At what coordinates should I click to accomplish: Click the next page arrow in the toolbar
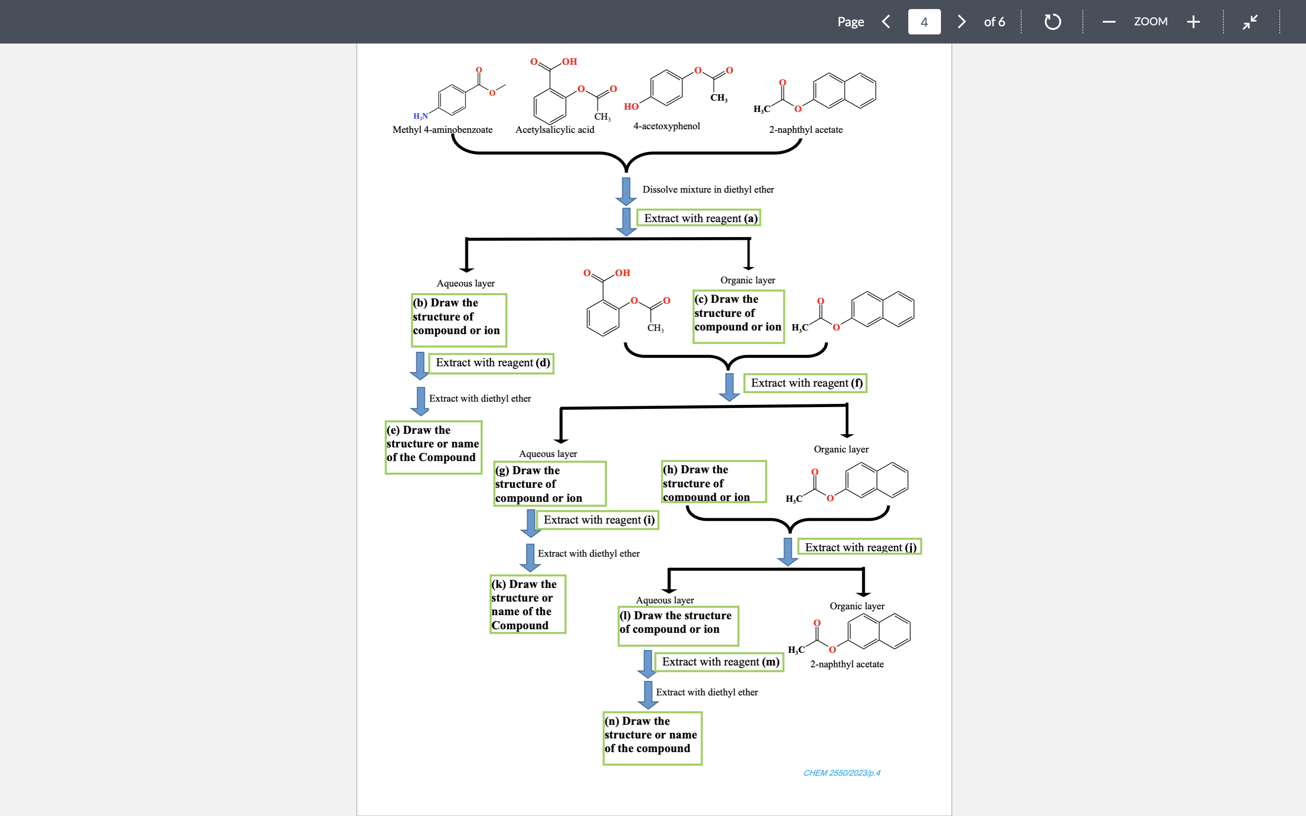click(x=961, y=22)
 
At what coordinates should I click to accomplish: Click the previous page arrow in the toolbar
click(x=886, y=22)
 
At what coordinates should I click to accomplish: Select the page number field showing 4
click(x=924, y=22)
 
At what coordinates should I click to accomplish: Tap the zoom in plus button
click(x=1193, y=22)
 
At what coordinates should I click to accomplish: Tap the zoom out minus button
click(x=1109, y=22)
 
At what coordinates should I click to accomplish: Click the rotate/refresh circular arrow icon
click(x=1053, y=22)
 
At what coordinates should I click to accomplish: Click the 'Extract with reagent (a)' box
click(x=699, y=218)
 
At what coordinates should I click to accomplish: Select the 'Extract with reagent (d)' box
click(x=492, y=363)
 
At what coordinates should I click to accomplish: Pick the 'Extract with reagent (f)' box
click(x=805, y=383)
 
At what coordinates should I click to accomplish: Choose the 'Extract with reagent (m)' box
click(x=719, y=662)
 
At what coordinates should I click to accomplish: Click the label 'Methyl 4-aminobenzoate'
click(x=442, y=130)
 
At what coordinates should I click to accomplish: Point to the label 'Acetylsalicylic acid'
click(x=554, y=130)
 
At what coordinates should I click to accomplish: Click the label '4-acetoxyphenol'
click(x=666, y=126)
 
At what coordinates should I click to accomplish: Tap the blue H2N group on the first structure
click(x=420, y=116)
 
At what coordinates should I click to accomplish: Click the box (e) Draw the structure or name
click(x=433, y=447)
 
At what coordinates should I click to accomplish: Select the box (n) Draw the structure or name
click(x=652, y=738)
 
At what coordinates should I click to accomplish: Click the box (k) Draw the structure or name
click(x=527, y=604)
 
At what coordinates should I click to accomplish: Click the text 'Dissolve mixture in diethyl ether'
click(x=707, y=189)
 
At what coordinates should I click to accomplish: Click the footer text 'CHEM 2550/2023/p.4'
click(x=841, y=773)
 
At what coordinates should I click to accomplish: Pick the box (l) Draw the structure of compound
click(x=678, y=626)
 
